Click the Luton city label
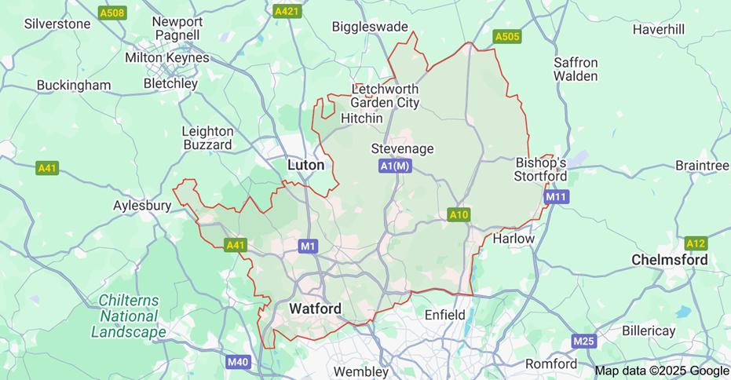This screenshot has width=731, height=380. coord(305,165)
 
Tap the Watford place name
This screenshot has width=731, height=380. coord(316,309)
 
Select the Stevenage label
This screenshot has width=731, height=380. coord(402,148)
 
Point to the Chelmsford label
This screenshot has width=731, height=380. coord(670,259)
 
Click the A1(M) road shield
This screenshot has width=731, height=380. coord(395,166)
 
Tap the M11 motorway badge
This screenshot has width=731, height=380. coord(556,196)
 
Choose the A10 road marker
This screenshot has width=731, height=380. coord(459,214)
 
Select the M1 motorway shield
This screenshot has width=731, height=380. coord(309,247)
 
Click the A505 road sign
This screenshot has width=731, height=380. coord(507,36)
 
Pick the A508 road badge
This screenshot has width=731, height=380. coord(112,13)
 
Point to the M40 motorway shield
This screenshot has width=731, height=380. coord(238,362)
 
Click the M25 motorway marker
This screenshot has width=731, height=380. coord(583,341)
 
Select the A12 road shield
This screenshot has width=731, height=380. coord(696,243)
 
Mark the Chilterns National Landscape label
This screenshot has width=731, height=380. coord(129,316)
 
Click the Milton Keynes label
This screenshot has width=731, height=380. coord(167,58)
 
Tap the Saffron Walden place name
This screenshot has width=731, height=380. coord(576,69)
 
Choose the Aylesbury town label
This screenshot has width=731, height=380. coord(142,205)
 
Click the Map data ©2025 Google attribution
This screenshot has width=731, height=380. coord(661,371)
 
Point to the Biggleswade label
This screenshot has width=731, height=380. coord(370,27)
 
